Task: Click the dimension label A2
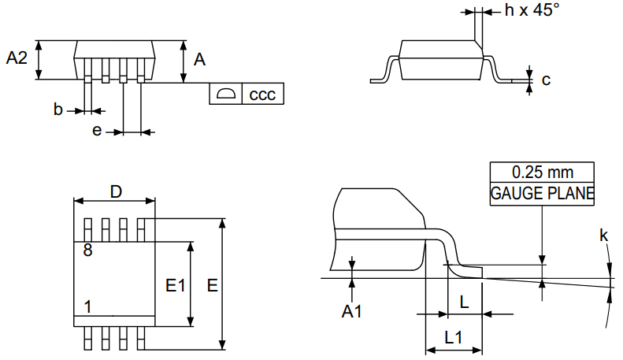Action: tap(17, 58)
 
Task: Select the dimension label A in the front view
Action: tap(200, 59)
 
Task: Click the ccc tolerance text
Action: tap(262, 95)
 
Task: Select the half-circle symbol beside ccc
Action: tap(226, 95)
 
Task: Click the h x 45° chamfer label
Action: tap(532, 10)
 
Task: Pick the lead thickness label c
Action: tap(546, 80)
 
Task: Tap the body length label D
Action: tap(116, 191)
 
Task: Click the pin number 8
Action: tap(87, 251)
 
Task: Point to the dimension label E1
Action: tap(175, 286)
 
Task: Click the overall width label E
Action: tap(212, 286)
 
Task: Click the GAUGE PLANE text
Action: tap(542, 193)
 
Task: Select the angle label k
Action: tap(603, 235)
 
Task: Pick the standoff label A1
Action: tap(351, 312)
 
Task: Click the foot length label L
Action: tap(464, 300)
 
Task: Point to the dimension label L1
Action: tap(453, 337)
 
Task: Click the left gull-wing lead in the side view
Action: tap(384, 69)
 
